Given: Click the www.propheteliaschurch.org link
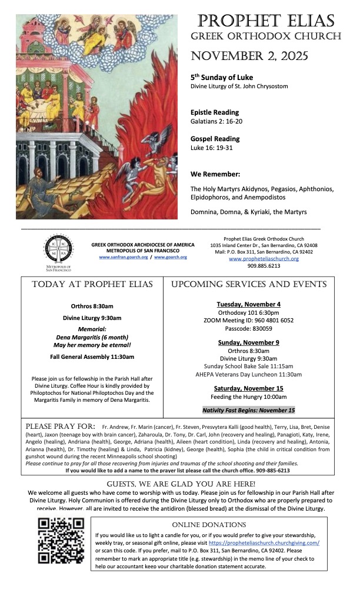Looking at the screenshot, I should tap(264, 258).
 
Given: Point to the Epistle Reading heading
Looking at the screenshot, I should tap(215, 112).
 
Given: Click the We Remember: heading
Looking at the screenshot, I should tap(215, 174).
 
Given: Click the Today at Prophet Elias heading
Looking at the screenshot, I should tap(92, 284).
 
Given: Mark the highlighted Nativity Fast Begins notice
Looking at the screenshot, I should tap(248, 410).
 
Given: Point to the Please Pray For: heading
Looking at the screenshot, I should tap(61, 426).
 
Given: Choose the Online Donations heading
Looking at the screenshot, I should tap(209, 524).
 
